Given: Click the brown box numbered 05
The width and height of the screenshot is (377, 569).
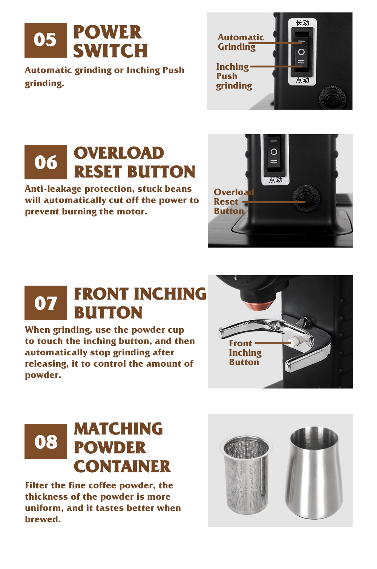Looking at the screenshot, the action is coord(46,40).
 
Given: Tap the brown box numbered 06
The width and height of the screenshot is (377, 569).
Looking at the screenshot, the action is coord(46,162).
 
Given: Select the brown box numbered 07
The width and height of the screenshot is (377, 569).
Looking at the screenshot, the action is coord(46,303).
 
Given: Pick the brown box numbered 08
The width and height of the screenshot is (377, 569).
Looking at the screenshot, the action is coord(46,442).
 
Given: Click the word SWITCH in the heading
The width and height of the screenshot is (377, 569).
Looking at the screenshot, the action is coord(110,51).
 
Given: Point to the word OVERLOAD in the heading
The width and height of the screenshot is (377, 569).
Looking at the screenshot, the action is coord(119,153).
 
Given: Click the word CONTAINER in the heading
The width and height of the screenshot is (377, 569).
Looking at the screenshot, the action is coord(122,467).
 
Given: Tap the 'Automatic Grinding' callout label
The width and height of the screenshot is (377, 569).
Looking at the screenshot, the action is coord(241,42).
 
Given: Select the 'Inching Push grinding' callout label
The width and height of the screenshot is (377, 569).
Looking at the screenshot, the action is coord(234,76).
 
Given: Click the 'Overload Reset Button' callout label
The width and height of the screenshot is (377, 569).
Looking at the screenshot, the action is coord(234,202).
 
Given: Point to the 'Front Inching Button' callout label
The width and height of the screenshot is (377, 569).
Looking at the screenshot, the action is coord(245,353).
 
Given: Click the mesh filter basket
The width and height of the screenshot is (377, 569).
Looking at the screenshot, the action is coord(246,474).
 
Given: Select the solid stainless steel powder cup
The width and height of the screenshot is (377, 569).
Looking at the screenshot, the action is coord(314,473).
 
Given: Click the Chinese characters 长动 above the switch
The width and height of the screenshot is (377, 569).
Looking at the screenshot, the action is coord(302,23).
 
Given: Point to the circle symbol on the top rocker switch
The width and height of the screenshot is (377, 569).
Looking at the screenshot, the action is coord(301,52).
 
